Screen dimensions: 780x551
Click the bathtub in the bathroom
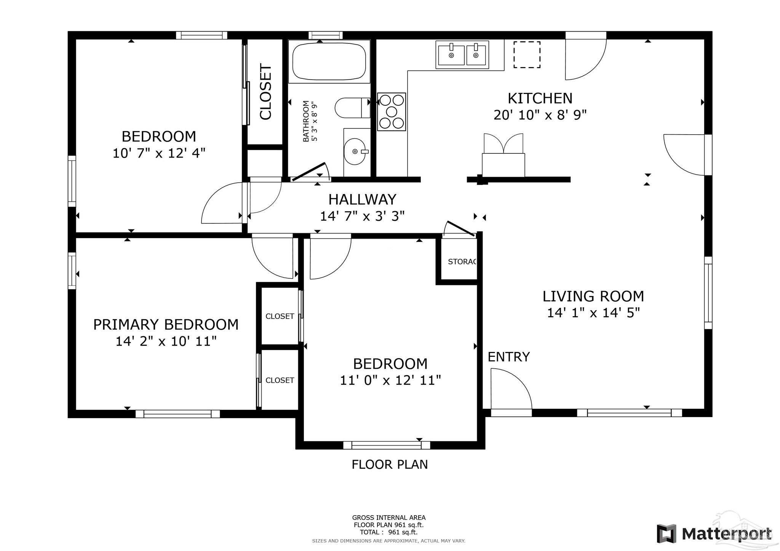[x=329, y=61]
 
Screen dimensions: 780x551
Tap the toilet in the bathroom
[x=352, y=108]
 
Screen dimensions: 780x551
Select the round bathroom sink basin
[x=355, y=151]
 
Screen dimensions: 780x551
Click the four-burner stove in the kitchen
[x=392, y=112]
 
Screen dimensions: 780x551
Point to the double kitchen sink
[x=462, y=55]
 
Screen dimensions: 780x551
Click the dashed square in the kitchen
[x=527, y=55]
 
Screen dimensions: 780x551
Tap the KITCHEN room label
[x=540, y=98]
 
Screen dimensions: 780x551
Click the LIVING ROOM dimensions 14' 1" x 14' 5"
[x=593, y=313]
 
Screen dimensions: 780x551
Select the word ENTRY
[x=509, y=357]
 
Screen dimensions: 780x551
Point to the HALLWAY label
[x=362, y=199]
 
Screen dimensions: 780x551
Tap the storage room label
[x=462, y=262]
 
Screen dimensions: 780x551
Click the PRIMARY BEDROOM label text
[x=166, y=325]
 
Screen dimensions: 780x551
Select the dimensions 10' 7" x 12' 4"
[x=159, y=153]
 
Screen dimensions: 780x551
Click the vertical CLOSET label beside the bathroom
[x=265, y=92]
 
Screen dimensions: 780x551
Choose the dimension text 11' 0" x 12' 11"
[x=390, y=380]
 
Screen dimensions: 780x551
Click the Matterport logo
[x=714, y=533]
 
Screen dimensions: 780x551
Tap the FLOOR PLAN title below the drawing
[x=390, y=464]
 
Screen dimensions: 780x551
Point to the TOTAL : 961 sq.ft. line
[x=389, y=532]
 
